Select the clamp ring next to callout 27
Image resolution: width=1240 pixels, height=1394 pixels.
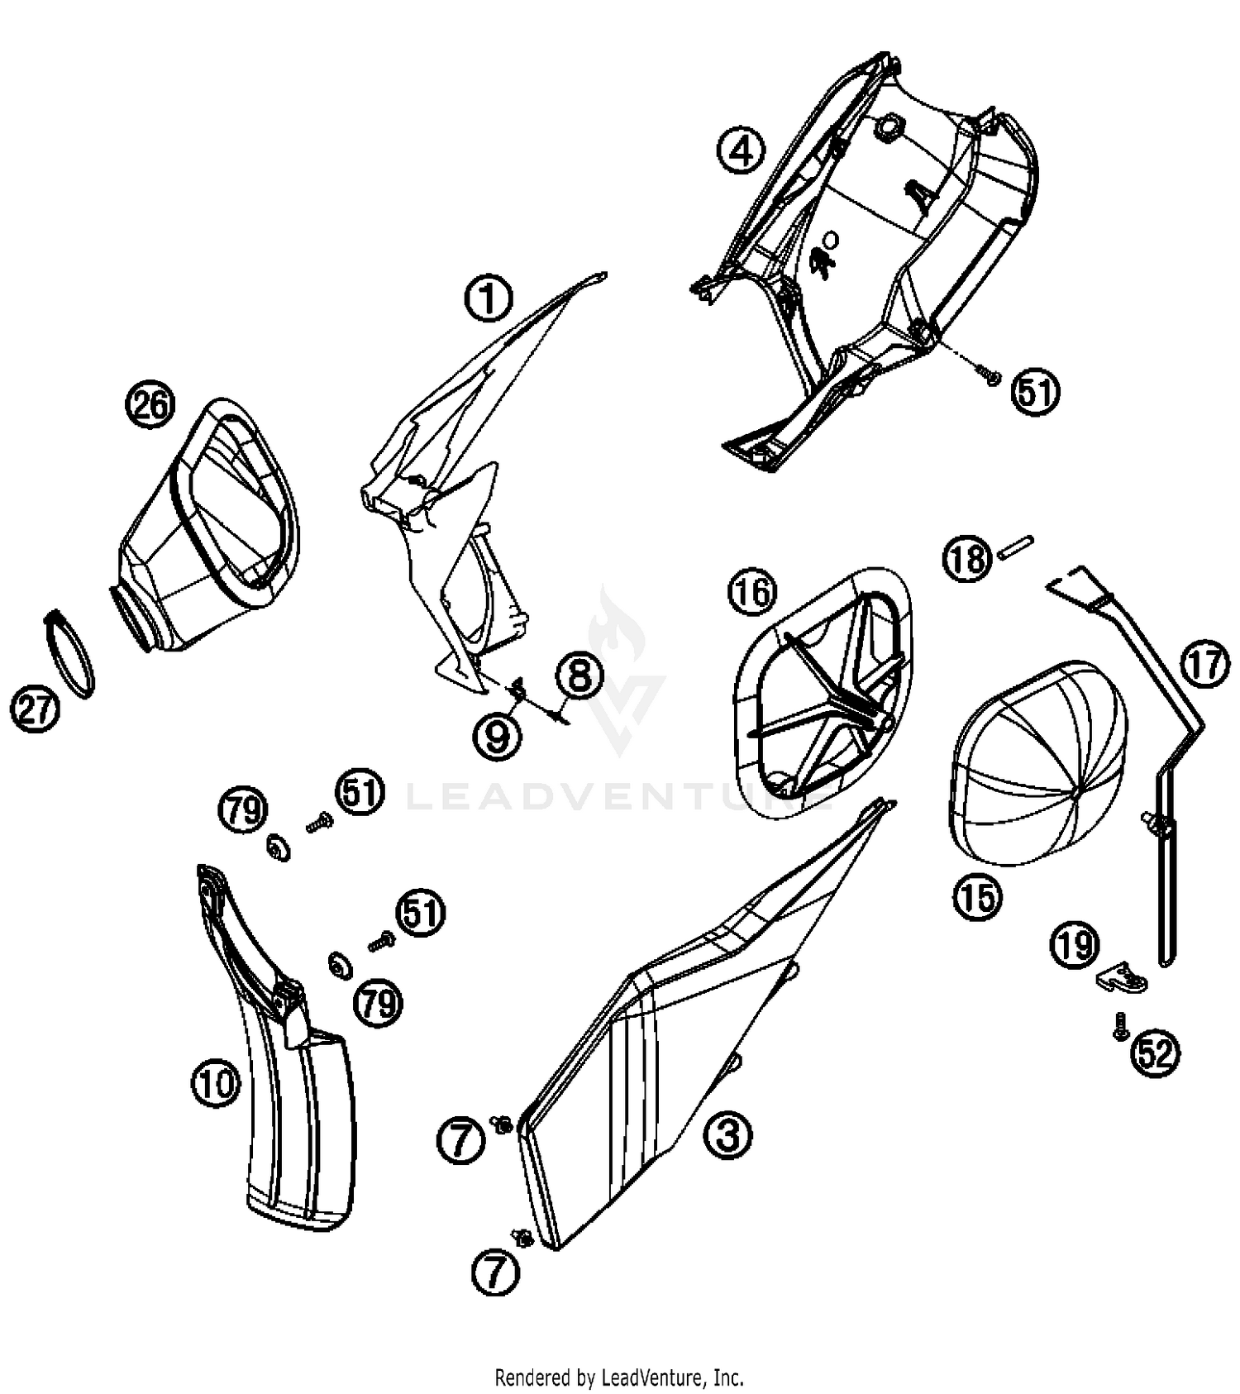pos(70,653)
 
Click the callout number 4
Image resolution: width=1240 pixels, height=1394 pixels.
pos(741,150)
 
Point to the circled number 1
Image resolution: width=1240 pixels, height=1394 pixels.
pos(489,298)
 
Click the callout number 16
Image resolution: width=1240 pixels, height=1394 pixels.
pos(752,593)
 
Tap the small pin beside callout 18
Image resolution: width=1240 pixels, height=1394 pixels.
pos(1016,548)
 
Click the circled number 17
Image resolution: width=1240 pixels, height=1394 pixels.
pos(1204,664)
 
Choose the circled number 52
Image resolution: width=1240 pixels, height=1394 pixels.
pos(1156,1053)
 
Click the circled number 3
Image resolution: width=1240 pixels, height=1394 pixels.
pos(727,1134)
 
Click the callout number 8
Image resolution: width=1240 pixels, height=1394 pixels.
pos(579,676)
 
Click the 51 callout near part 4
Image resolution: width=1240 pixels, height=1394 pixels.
pos(1036,392)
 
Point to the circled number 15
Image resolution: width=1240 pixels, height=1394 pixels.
pos(977,896)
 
